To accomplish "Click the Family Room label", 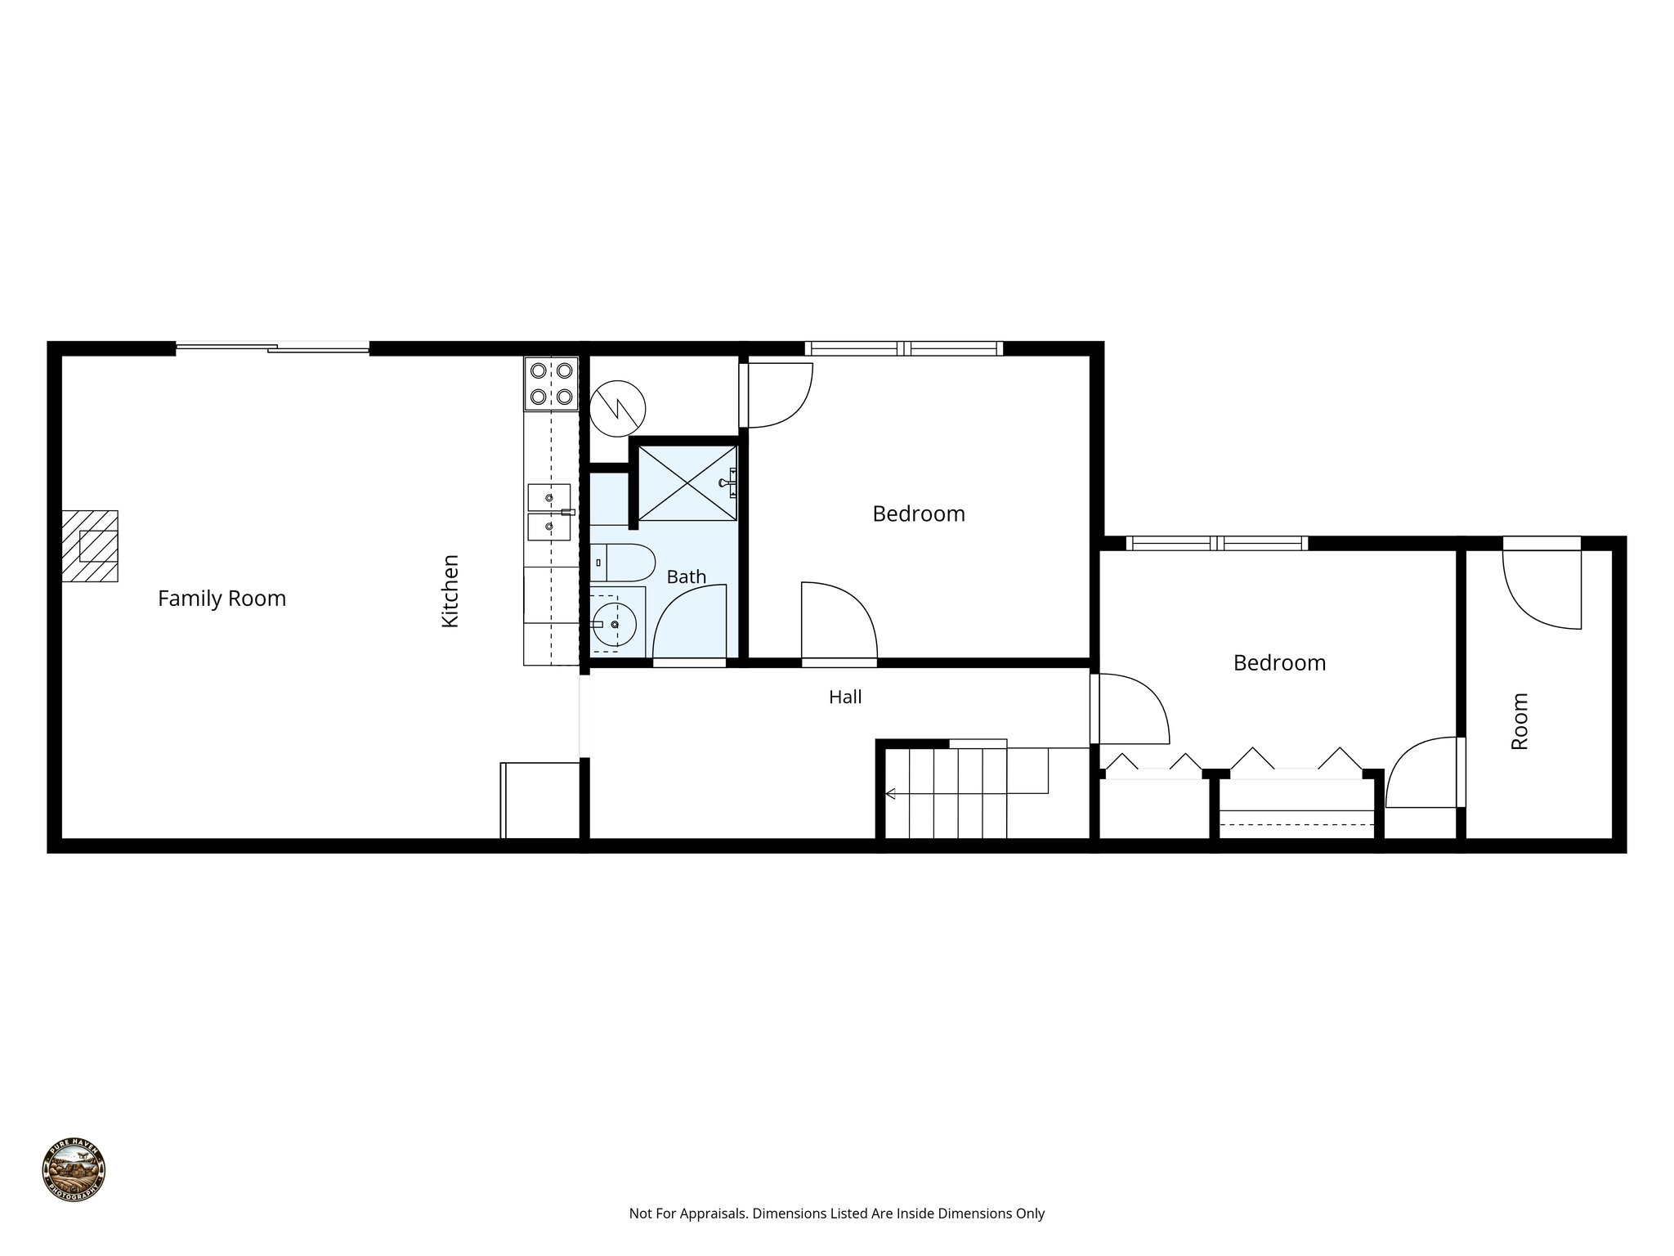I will (x=222, y=599).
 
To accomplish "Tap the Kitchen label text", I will (x=450, y=590).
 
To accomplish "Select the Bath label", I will (x=686, y=577).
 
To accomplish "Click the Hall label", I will (x=845, y=698).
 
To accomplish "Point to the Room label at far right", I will (x=1520, y=721).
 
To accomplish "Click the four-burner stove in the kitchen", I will (x=551, y=384).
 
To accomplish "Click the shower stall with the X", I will (x=687, y=483).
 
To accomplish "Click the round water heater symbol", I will (x=618, y=407).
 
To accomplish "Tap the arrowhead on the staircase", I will (x=890, y=793).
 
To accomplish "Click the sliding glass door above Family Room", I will (x=273, y=348).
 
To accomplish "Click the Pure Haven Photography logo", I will (x=74, y=1169).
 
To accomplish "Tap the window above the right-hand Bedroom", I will (x=1216, y=543).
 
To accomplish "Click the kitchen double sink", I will (x=549, y=512).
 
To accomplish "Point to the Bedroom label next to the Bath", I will (x=919, y=514).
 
